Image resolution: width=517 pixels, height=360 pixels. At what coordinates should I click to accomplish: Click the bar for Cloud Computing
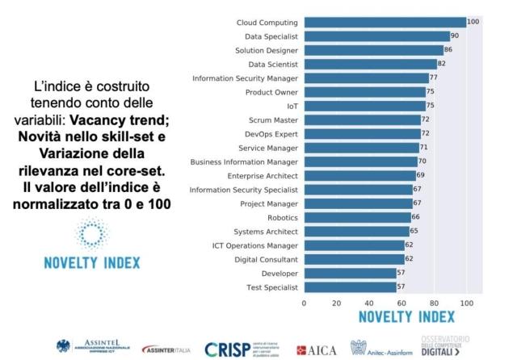385,22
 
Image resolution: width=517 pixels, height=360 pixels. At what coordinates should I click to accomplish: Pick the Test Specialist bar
350,287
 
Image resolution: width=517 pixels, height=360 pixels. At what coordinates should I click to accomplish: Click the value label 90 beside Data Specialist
455,36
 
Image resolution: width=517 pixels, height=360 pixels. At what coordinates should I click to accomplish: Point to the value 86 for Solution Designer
448,50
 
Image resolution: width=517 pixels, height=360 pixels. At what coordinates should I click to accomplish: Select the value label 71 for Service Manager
424,148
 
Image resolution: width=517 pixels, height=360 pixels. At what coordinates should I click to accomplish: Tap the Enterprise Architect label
261,175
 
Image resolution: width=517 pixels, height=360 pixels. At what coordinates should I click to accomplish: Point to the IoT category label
292,106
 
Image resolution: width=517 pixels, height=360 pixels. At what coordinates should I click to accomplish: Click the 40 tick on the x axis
368,303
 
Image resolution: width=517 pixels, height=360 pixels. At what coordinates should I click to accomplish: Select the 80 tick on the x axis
434,303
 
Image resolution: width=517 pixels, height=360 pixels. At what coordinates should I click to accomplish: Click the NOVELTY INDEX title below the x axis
401,317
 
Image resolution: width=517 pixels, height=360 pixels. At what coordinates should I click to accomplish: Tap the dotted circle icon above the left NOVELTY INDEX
91,234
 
